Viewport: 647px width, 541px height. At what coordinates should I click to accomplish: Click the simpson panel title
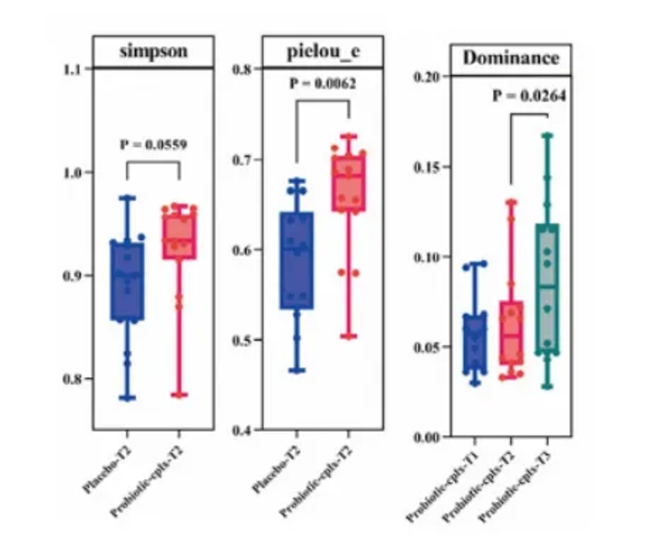tap(153, 52)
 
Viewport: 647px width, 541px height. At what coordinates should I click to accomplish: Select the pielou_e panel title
tap(322, 52)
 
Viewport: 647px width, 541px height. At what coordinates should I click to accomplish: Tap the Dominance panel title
tap(510, 59)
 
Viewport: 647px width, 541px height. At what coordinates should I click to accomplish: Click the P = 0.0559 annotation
tap(153, 144)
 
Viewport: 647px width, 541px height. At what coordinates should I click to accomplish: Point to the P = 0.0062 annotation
tap(322, 84)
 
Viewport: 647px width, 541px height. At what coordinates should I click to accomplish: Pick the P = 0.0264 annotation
tap(529, 96)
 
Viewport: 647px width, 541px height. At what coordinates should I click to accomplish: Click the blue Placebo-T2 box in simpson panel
tap(126, 281)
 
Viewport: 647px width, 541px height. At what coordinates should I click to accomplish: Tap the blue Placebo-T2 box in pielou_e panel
tap(296, 260)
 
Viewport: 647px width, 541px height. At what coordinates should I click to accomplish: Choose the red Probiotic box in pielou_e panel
tap(348, 183)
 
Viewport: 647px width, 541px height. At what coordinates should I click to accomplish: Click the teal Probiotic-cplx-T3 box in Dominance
tap(547, 289)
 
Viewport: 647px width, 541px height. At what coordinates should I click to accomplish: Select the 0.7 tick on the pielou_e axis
tap(244, 160)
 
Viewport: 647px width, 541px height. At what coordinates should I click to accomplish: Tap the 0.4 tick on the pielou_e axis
tap(244, 430)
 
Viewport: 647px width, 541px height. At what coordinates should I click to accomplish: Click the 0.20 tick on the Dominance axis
tap(428, 77)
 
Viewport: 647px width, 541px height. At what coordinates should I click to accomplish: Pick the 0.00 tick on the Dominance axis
tap(428, 438)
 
